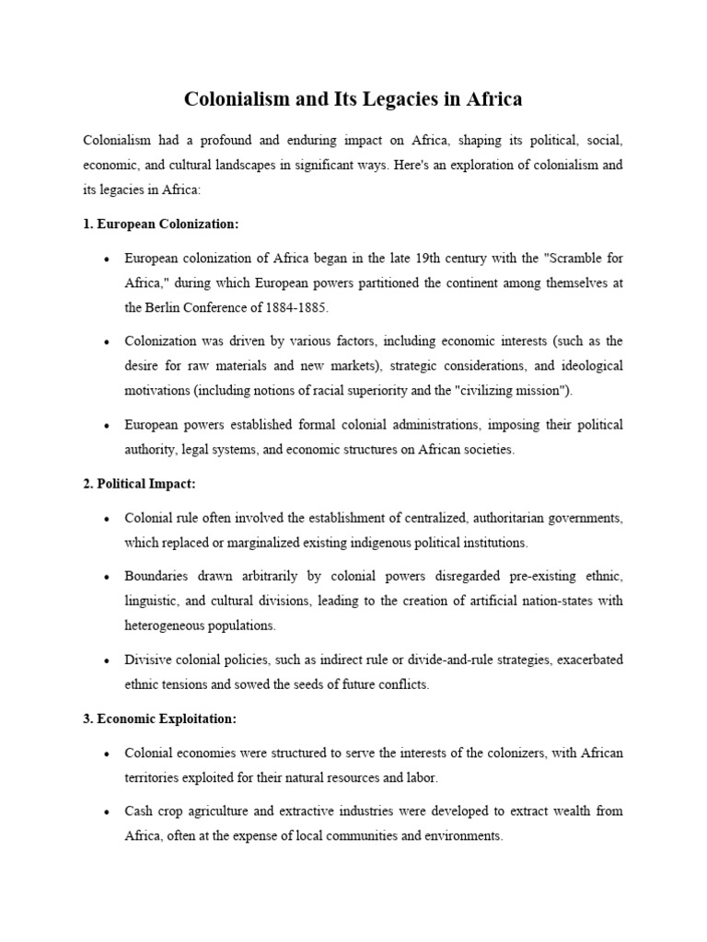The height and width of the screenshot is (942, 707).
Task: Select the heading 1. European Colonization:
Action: (160, 224)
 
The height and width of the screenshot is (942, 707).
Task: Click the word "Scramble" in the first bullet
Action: (568, 258)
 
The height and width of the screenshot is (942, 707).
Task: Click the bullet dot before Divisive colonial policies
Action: (107, 661)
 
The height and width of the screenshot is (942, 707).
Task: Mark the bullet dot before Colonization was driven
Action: (107, 342)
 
